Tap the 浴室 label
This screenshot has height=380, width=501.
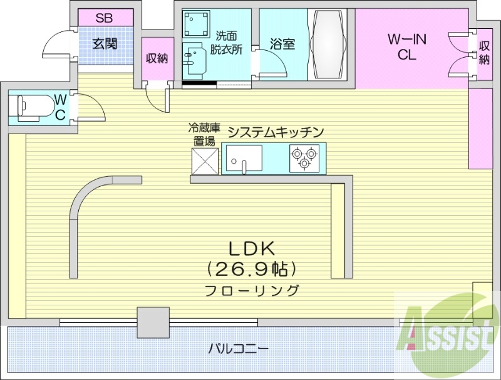(282, 45)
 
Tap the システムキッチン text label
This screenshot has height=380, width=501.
(275, 132)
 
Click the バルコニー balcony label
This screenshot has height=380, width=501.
(239, 347)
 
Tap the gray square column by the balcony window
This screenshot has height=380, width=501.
(153, 322)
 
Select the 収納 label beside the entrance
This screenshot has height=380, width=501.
(157, 59)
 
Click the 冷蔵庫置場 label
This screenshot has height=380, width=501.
(202, 135)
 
